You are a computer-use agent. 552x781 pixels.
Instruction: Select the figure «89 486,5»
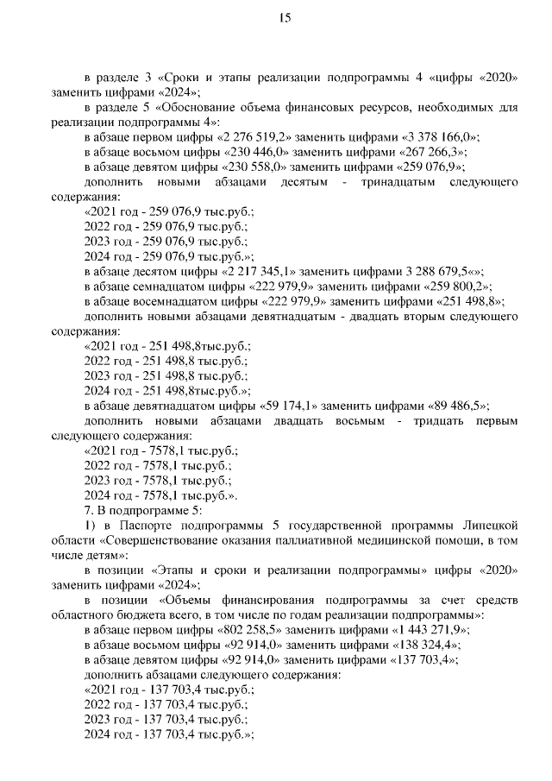pyautogui.click(x=445, y=405)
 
